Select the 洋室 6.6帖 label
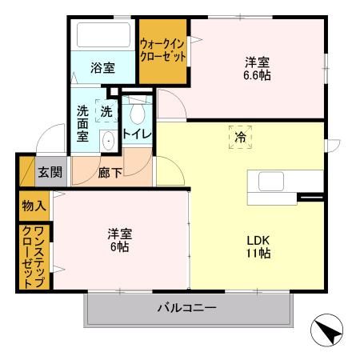[256, 68]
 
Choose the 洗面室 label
[82, 124]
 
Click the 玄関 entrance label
[49, 171]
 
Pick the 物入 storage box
[32, 206]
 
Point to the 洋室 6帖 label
[120, 240]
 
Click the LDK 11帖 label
[258, 246]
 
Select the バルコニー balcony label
[186, 308]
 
